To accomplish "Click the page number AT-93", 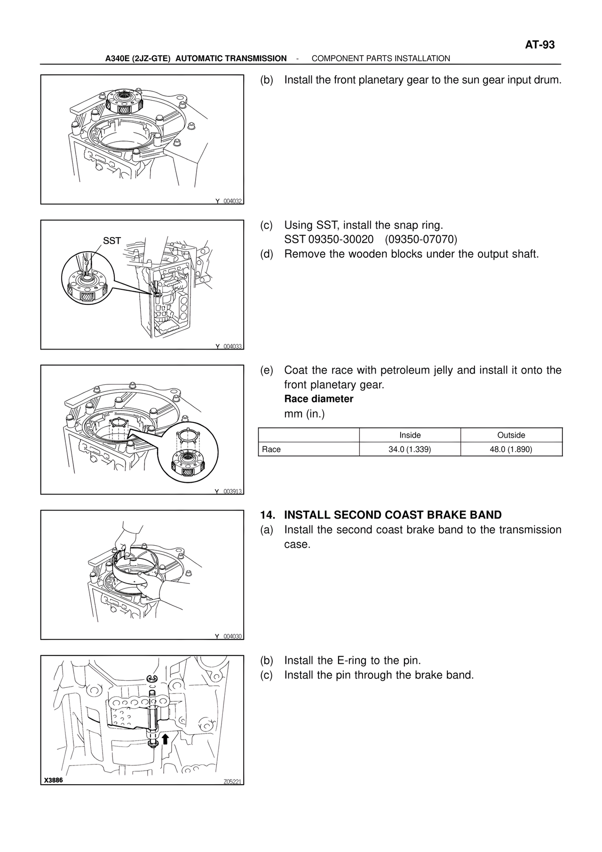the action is click(x=539, y=45).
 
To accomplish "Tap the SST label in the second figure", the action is click(x=112, y=241).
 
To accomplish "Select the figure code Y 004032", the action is click(x=229, y=201).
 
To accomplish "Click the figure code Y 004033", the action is click(x=229, y=346).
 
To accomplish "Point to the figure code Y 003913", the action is click(x=229, y=491).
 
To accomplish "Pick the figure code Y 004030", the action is click(x=229, y=637).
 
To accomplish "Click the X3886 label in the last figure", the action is click(x=53, y=780).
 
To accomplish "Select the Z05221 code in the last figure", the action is click(x=232, y=782).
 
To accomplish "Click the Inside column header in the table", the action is click(x=410, y=435).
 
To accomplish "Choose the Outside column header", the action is click(x=511, y=435).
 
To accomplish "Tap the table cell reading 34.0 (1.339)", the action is click(x=410, y=449).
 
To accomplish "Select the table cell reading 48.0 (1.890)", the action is click(x=511, y=449).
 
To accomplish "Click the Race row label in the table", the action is click(x=271, y=449).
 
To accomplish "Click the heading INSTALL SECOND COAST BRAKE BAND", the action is click(x=393, y=515).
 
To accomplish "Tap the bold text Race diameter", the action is click(x=319, y=399).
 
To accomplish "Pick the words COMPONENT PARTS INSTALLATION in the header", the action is click(x=381, y=58).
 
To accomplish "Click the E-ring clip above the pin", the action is click(x=151, y=678).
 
